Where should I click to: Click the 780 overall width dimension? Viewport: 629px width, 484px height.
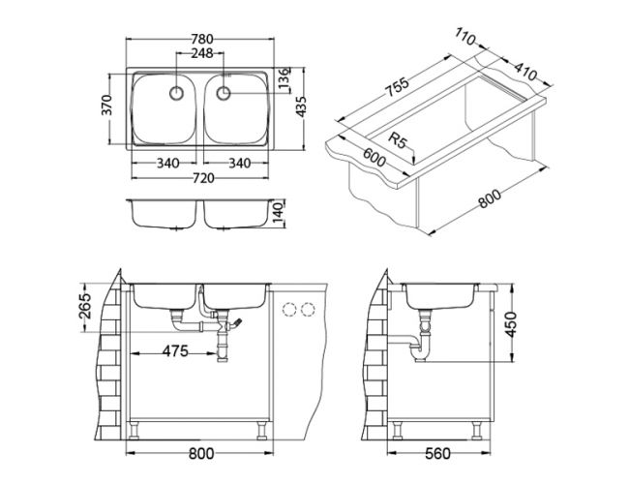pyautogui.click(x=201, y=40)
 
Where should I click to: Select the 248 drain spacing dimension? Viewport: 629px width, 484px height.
pyautogui.click(x=201, y=53)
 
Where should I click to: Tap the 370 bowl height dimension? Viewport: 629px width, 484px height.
pyautogui.click(x=106, y=105)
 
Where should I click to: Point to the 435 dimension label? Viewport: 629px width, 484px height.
pyautogui.click(x=301, y=106)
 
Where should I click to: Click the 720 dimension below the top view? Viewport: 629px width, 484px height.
pyautogui.click(x=203, y=178)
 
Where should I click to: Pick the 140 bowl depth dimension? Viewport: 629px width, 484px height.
pyautogui.click(x=280, y=214)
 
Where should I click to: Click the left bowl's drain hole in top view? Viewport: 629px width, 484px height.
pyautogui.click(x=176, y=93)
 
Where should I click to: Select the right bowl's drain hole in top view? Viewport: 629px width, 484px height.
pyautogui.click(x=224, y=93)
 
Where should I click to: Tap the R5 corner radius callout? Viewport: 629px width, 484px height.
pyautogui.click(x=398, y=140)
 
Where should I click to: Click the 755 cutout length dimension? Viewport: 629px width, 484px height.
pyautogui.click(x=397, y=87)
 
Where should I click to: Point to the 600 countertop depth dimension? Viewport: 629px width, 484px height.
pyautogui.click(x=374, y=157)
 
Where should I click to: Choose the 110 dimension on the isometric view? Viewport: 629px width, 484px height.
pyautogui.click(x=464, y=37)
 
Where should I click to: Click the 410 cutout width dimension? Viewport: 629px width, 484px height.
pyautogui.click(x=525, y=72)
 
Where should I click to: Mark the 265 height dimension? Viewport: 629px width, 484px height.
pyautogui.click(x=84, y=306)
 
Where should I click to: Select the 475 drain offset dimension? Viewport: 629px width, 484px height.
pyautogui.click(x=175, y=351)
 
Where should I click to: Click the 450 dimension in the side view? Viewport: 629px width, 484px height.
pyautogui.click(x=511, y=323)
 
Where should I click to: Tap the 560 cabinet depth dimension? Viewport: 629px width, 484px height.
pyautogui.click(x=437, y=453)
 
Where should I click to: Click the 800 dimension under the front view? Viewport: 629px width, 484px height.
pyautogui.click(x=201, y=453)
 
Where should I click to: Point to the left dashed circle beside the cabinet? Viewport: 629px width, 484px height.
pyautogui.click(x=288, y=309)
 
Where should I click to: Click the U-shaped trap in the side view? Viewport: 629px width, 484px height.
pyautogui.click(x=420, y=348)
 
